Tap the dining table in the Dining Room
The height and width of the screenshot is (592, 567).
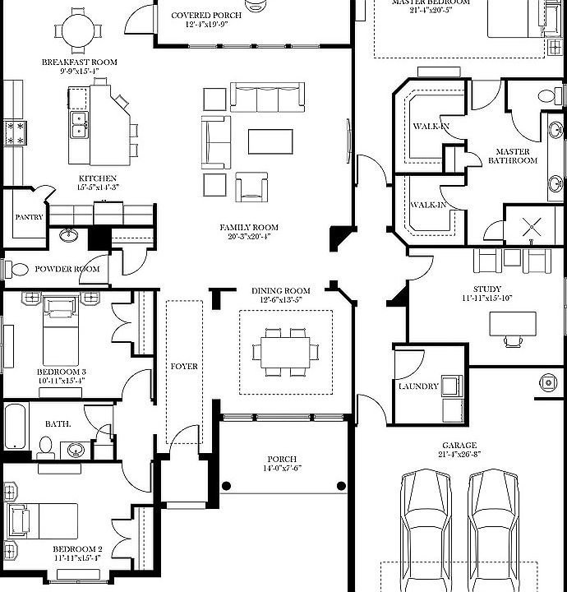tap(281, 352)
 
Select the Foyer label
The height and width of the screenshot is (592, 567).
tap(184, 366)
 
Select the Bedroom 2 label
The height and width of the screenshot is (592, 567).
tap(77, 549)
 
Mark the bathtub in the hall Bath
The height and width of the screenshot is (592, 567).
tap(16, 424)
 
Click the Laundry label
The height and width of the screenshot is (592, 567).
tap(417, 386)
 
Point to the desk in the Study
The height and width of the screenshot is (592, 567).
tap(512, 324)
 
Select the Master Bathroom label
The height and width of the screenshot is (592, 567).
tap(513, 156)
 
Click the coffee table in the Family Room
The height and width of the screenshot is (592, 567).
tap(270, 141)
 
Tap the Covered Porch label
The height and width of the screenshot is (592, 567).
tap(205, 16)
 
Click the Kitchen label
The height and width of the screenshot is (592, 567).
tap(97, 178)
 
